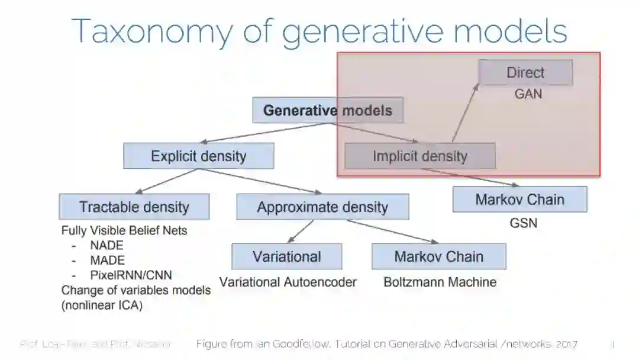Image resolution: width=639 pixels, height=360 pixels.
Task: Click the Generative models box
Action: click(327, 111)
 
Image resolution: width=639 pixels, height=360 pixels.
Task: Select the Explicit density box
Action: click(198, 156)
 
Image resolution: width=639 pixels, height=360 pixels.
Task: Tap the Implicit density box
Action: click(419, 156)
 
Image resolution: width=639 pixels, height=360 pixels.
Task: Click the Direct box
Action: click(525, 73)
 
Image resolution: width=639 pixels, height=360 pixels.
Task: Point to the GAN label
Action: click(528, 94)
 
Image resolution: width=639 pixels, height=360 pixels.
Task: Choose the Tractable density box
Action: click(134, 207)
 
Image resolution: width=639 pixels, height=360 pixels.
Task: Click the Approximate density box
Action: click(322, 207)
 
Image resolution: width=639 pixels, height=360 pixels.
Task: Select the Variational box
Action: click(287, 256)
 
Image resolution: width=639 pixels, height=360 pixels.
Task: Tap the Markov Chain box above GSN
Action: click(519, 200)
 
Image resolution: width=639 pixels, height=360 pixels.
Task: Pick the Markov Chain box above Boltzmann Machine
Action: click(438, 256)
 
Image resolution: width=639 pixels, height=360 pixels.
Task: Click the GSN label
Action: click(523, 224)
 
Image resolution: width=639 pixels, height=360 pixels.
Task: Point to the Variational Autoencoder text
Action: click(288, 282)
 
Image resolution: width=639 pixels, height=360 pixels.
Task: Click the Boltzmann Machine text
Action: click(440, 282)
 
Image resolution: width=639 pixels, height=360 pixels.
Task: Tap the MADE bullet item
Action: click(107, 261)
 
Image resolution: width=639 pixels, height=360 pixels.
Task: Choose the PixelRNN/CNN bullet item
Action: click(131, 275)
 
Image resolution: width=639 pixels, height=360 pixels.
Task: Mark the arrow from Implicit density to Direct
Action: click(465, 113)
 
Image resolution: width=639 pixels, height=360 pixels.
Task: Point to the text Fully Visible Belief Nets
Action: click(124, 231)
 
